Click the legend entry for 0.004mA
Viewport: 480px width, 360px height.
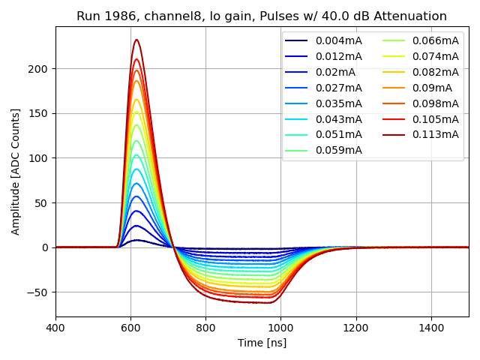[338, 40]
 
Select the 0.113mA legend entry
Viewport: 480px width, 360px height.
[436, 134]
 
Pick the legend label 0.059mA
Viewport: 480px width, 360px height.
[338, 150]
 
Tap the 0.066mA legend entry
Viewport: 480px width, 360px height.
[436, 40]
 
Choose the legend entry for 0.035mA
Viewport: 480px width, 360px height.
[338, 103]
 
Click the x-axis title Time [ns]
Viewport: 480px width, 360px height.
[262, 343]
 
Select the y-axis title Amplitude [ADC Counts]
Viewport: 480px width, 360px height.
[16, 171]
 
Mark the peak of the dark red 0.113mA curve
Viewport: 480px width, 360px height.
[136, 40]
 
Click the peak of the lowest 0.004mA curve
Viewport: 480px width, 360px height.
[136, 240]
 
